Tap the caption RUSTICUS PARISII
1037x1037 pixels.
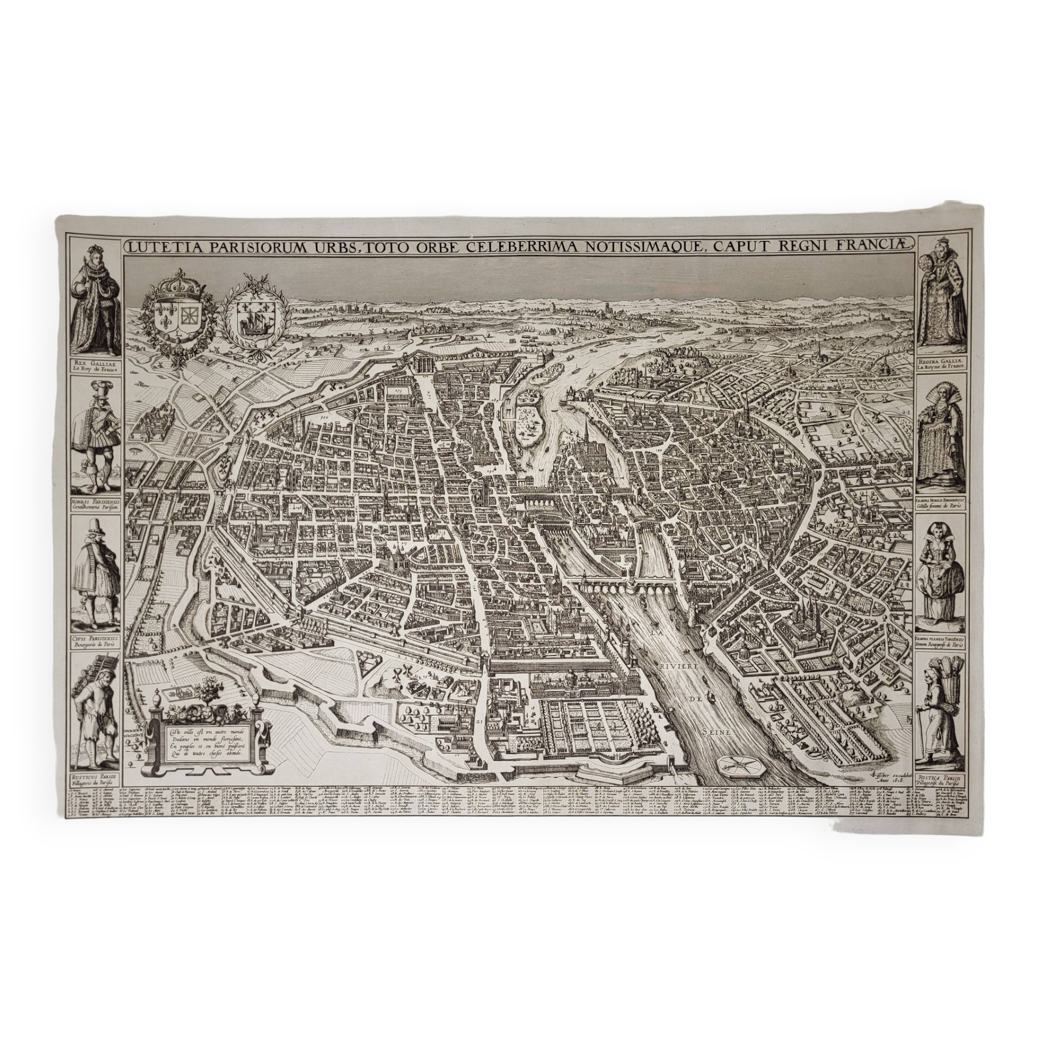[95, 777]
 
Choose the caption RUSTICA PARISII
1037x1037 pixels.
[941, 777]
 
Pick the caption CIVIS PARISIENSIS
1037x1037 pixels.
[95, 634]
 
